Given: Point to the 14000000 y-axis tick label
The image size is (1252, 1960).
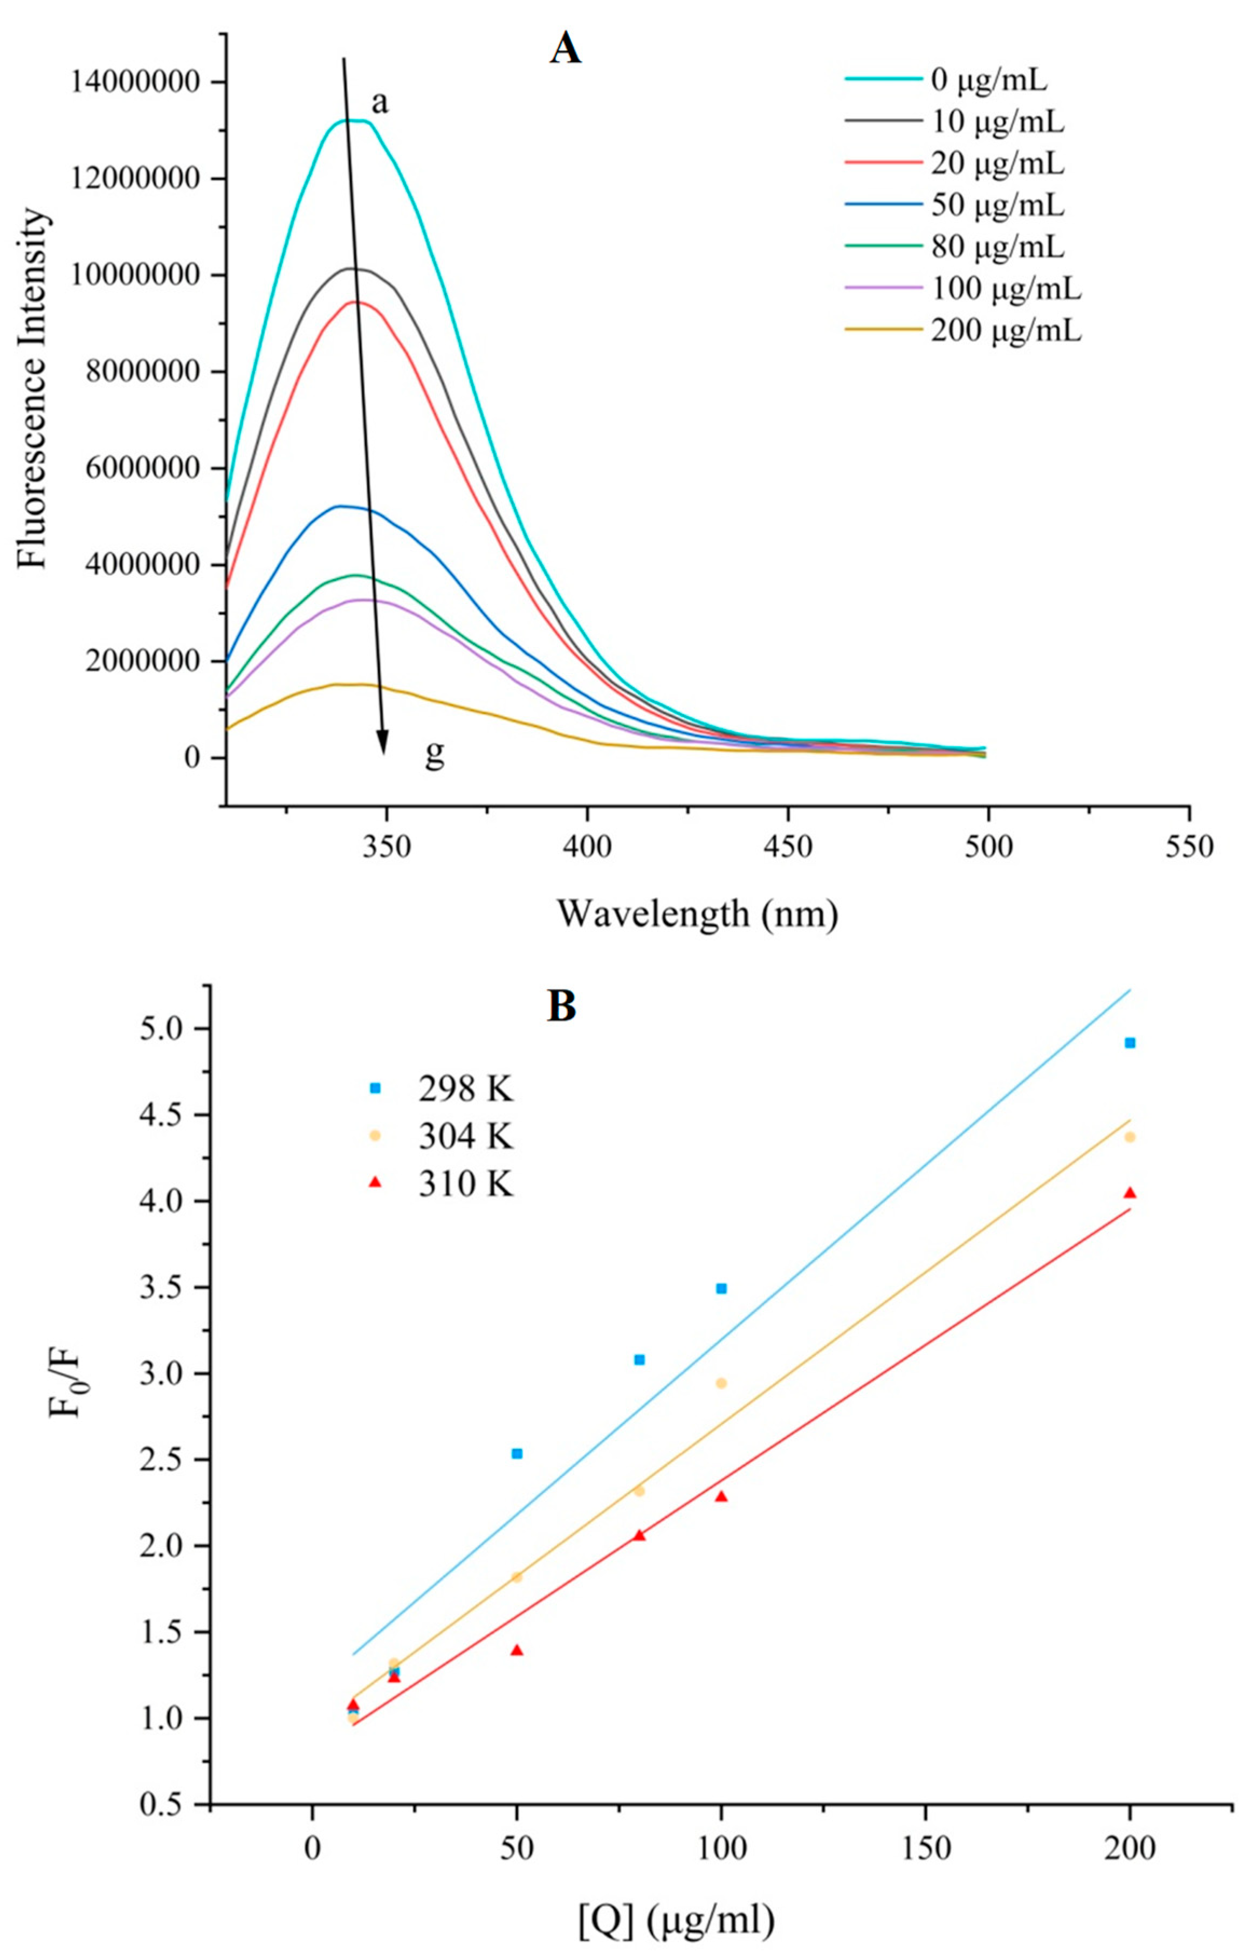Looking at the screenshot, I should (x=135, y=82).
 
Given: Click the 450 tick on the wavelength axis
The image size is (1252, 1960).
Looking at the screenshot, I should (x=788, y=847).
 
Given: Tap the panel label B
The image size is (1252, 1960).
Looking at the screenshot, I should (x=562, y=1007).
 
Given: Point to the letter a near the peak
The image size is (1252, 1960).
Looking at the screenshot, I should (x=380, y=104).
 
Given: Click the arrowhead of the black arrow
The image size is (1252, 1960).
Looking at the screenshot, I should (x=382, y=745).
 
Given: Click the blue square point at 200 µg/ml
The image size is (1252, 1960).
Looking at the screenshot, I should (x=1129, y=1043).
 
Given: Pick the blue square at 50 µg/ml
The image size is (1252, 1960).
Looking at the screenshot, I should (x=516, y=1454).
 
